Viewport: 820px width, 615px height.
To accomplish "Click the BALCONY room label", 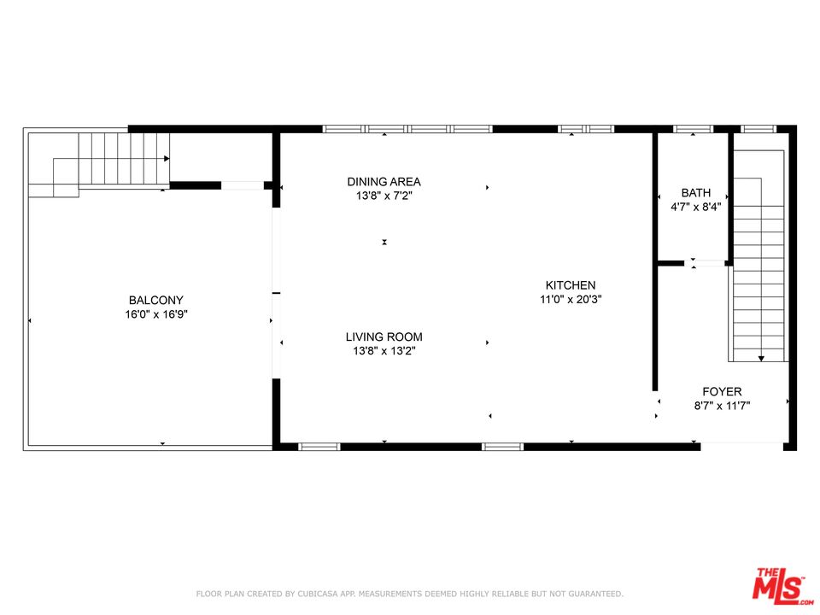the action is coord(155,300).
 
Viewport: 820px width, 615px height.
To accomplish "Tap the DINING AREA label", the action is coord(384,181).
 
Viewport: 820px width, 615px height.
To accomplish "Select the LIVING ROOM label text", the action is coord(384,337).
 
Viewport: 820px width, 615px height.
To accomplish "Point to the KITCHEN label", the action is coord(571,285).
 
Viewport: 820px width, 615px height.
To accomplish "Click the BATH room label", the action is coord(695,192).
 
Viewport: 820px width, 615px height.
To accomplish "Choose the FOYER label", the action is coord(722,391).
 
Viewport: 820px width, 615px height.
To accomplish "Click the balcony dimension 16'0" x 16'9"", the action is coord(155,314).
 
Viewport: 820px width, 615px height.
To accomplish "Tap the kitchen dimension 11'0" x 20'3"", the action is coord(571,299).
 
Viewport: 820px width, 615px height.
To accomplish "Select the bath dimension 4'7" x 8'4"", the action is coord(695,207).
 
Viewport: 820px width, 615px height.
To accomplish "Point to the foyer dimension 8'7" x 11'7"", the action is coord(722,405).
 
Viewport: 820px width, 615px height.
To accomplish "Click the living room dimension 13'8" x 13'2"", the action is coord(384,351).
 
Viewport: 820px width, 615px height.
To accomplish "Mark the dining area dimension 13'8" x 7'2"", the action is coord(384,196).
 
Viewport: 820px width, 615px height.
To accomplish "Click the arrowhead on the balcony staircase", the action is coord(167,159).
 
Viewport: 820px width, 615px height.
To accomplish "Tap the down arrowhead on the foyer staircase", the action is coord(761,358).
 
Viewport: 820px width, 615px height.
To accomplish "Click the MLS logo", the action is coord(782,584).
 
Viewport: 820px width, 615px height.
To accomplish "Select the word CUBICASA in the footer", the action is coord(319,594).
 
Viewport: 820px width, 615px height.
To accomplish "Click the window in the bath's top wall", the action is coord(693,129).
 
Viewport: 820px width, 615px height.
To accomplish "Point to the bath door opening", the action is coord(705,263).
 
